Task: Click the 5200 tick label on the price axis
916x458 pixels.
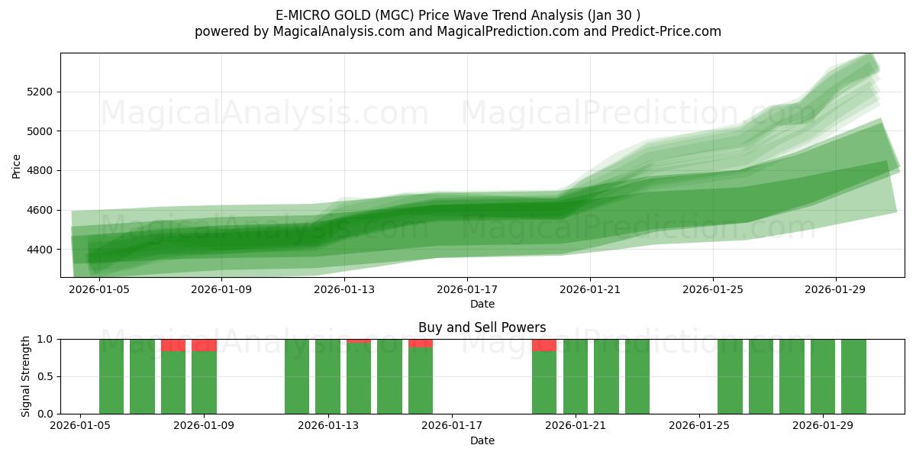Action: click(40, 92)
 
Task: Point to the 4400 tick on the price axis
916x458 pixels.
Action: click(40, 250)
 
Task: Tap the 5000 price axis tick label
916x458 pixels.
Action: click(40, 131)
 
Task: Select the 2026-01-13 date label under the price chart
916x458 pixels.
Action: click(344, 289)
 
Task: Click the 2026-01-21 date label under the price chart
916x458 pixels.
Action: click(590, 289)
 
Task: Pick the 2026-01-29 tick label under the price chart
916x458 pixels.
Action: click(835, 289)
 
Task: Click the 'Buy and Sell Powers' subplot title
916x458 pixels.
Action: click(482, 327)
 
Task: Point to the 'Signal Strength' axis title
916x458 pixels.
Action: click(26, 376)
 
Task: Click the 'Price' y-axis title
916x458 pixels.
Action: click(17, 165)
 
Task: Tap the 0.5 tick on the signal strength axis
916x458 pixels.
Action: click(45, 376)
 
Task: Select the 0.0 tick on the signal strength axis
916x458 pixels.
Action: click(45, 414)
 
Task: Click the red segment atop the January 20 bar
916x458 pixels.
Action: click(544, 345)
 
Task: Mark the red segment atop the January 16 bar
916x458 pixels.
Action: click(421, 343)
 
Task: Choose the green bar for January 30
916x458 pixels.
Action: click(853, 376)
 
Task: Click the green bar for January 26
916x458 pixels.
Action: click(730, 376)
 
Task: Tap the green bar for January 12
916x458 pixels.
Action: click(297, 376)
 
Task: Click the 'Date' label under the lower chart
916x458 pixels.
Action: click(482, 440)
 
